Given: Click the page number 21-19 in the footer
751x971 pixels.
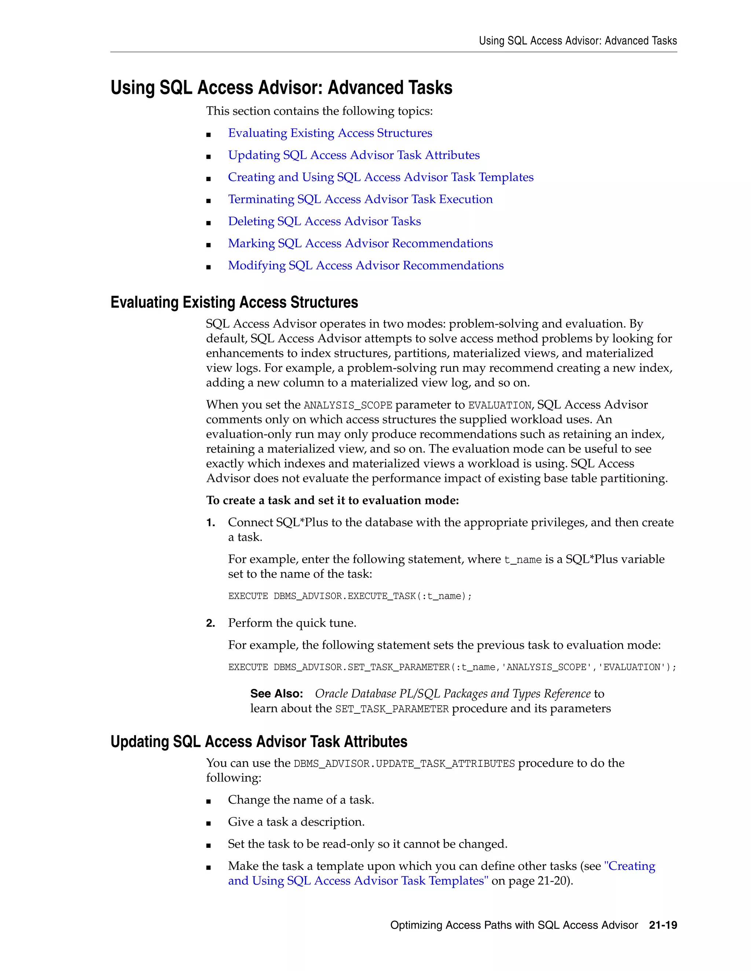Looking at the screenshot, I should pyautogui.click(x=663, y=925).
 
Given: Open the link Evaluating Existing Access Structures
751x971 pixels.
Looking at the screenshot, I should pyautogui.click(x=330, y=133).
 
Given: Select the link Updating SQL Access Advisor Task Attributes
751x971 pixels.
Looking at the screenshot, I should pyautogui.click(x=354, y=155).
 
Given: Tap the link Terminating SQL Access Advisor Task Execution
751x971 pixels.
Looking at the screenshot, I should pyautogui.click(x=360, y=199).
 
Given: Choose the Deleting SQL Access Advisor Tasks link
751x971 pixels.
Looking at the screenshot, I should pyautogui.click(x=324, y=221).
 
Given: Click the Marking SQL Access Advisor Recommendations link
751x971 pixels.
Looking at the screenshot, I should pyautogui.click(x=360, y=243).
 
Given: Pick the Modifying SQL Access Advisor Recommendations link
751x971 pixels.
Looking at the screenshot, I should pyautogui.click(x=365, y=265).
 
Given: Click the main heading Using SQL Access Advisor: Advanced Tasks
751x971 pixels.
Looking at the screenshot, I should pyautogui.click(x=281, y=88).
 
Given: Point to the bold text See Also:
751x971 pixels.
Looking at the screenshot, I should pyautogui.click(x=276, y=694).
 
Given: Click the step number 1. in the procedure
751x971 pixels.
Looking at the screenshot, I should pyautogui.click(x=211, y=523).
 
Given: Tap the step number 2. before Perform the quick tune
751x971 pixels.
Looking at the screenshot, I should pyautogui.click(x=211, y=623).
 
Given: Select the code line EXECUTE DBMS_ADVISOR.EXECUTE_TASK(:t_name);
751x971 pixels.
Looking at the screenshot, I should pyautogui.click(x=350, y=596).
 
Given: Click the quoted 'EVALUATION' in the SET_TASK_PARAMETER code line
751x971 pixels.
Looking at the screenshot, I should pyautogui.click(x=634, y=667).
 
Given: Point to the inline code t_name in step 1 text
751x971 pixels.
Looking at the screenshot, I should pyautogui.click(x=523, y=560).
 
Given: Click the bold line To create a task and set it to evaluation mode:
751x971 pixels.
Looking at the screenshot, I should pyautogui.click(x=332, y=501).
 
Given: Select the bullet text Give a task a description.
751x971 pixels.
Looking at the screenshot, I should pyautogui.click(x=296, y=822).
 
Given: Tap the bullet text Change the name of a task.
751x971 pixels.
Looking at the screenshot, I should pyautogui.click(x=301, y=800).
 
